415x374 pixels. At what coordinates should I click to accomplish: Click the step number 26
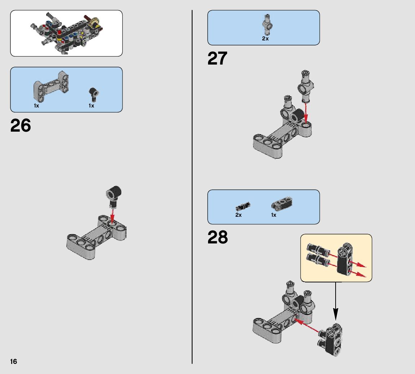tap(21, 126)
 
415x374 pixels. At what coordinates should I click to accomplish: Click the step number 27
tap(217, 58)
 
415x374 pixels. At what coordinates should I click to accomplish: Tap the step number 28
tap(217, 237)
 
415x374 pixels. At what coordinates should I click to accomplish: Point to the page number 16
tap(13, 362)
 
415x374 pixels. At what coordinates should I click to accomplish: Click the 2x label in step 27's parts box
tap(265, 39)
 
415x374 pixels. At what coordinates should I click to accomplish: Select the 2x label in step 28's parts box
tap(238, 215)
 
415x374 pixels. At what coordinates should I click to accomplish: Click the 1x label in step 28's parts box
tap(274, 215)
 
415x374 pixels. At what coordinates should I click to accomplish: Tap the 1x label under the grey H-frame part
tap(36, 106)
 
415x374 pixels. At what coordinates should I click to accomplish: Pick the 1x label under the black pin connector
tap(91, 106)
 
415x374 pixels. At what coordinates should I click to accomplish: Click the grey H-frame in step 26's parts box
tap(51, 87)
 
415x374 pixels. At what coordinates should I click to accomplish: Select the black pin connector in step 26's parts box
tap(93, 94)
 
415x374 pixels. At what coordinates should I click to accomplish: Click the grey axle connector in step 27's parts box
tap(267, 25)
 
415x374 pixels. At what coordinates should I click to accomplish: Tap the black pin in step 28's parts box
tap(243, 206)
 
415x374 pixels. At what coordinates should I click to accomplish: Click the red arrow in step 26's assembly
tap(112, 216)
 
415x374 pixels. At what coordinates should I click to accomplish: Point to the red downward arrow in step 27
tap(306, 113)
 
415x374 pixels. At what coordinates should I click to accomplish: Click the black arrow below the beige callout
tap(336, 302)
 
